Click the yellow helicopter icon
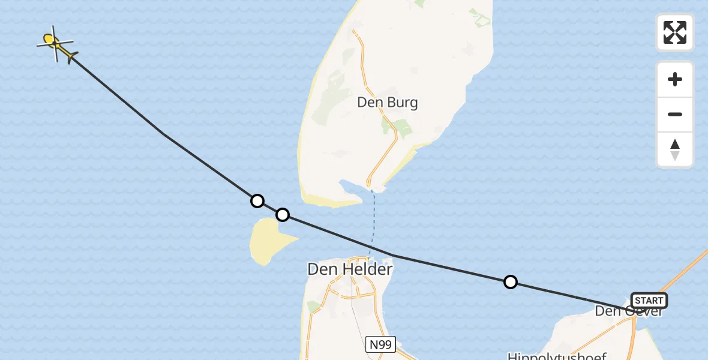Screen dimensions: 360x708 tap(56, 44)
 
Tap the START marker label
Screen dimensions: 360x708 tap(649, 301)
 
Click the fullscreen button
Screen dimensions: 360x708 tap(675, 32)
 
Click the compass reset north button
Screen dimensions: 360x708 tap(675, 149)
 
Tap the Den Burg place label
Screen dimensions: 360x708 tap(387, 103)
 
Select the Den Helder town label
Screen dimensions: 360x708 tap(350, 269)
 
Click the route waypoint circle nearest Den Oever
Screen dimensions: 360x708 tap(510, 282)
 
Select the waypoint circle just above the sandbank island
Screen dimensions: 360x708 tap(282, 215)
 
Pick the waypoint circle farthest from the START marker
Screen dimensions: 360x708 tap(257, 201)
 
